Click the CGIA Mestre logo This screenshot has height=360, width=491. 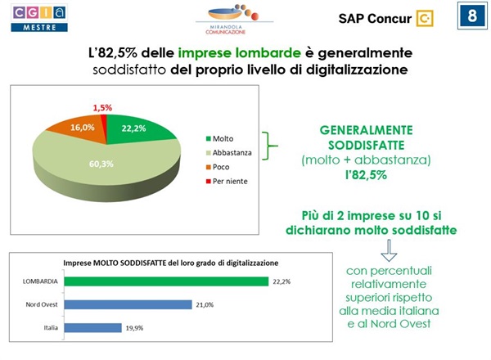39,17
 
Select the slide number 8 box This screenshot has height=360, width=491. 470,17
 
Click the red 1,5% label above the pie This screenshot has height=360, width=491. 103,108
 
